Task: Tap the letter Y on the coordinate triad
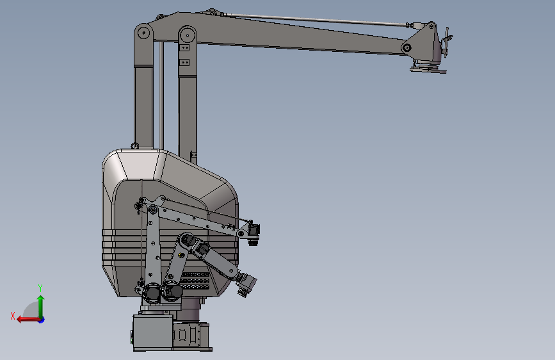pos(40,288)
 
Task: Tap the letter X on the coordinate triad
pos(13,316)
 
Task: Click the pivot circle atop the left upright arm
pos(143,33)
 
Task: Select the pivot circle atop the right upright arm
pos(188,35)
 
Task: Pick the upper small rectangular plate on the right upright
pos(184,47)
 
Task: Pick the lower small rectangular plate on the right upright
pos(184,62)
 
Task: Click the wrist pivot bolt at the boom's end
pos(406,47)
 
